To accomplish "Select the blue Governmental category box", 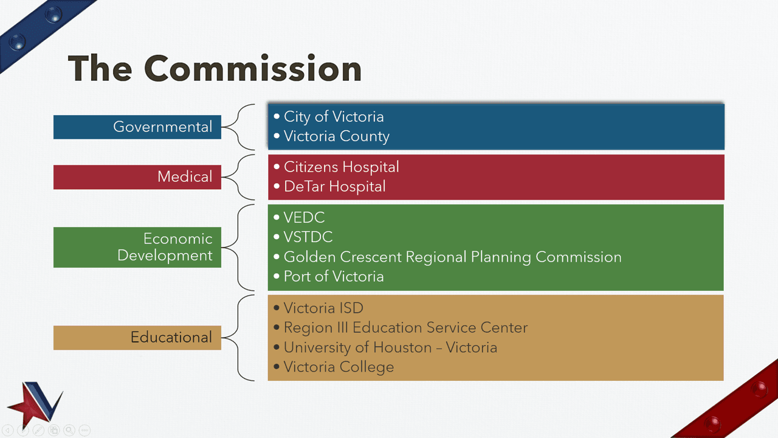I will [137, 127].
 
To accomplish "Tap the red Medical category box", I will [137, 177].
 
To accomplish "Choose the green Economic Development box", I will [137, 247].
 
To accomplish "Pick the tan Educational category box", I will [137, 338].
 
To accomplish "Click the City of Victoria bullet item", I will [333, 117].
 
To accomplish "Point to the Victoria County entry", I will [336, 136].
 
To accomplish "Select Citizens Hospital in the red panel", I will [341, 167].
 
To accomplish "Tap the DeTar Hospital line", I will [334, 187].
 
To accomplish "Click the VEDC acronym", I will [304, 218].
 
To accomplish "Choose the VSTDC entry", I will [308, 237].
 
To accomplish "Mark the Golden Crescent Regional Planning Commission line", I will [452, 257].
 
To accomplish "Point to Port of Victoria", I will [333, 277].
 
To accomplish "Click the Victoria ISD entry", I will [323, 308].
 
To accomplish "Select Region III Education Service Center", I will [405, 328].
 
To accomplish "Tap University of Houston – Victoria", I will [390, 348].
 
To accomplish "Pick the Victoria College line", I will [339, 367].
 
